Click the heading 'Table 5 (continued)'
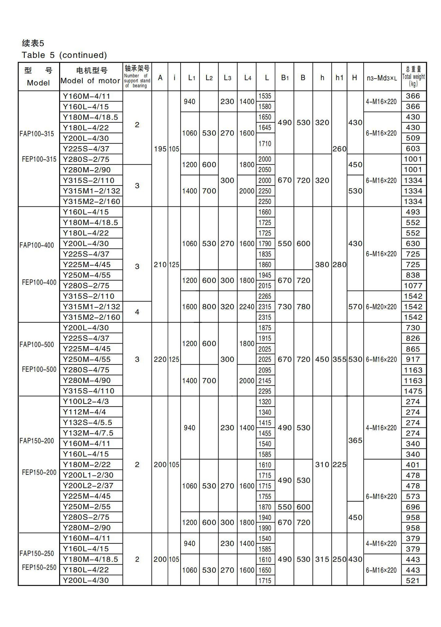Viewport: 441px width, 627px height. tap(64, 55)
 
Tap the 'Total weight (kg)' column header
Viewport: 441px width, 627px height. tap(413, 77)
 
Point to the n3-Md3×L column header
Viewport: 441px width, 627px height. tap(382, 78)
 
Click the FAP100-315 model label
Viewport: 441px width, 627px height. tap(37, 134)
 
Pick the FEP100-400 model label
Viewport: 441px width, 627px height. tap(39, 282)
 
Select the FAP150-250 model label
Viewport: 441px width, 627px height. tap(37, 553)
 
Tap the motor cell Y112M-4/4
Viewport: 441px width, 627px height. tap(84, 412)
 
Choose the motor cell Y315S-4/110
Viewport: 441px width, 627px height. tap(89, 391)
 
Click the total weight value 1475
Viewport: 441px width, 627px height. tap(413, 391)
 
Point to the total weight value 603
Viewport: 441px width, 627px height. tap(413, 149)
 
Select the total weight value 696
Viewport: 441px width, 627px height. tap(413, 507)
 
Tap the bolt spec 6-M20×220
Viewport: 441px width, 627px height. tap(381, 307)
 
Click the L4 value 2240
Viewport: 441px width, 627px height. tap(247, 307)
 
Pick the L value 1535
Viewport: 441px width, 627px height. tap(265, 96)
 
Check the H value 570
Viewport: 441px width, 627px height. tap(355, 307)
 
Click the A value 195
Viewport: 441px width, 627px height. tap(160, 149)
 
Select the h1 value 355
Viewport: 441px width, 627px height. tap(339, 359)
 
